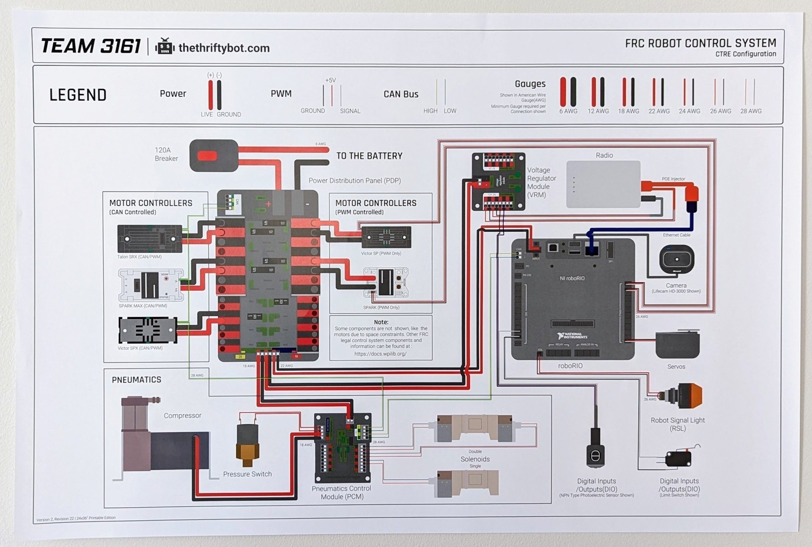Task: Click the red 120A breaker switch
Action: coord(207,156)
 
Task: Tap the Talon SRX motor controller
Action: coord(150,239)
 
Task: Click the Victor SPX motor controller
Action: coord(148,330)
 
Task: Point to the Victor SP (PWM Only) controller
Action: coord(386,237)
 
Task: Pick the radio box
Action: coord(603,184)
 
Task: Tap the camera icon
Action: coord(676,259)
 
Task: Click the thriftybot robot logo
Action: coord(165,47)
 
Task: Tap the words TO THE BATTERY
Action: coord(369,156)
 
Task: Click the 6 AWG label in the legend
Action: coord(568,111)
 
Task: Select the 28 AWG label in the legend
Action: coord(751,111)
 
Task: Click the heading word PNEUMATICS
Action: coord(136,380)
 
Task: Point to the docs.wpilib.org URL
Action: coord(380,354)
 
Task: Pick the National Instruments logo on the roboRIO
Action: coord(572,336)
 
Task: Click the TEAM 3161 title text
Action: coord(91,46)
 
